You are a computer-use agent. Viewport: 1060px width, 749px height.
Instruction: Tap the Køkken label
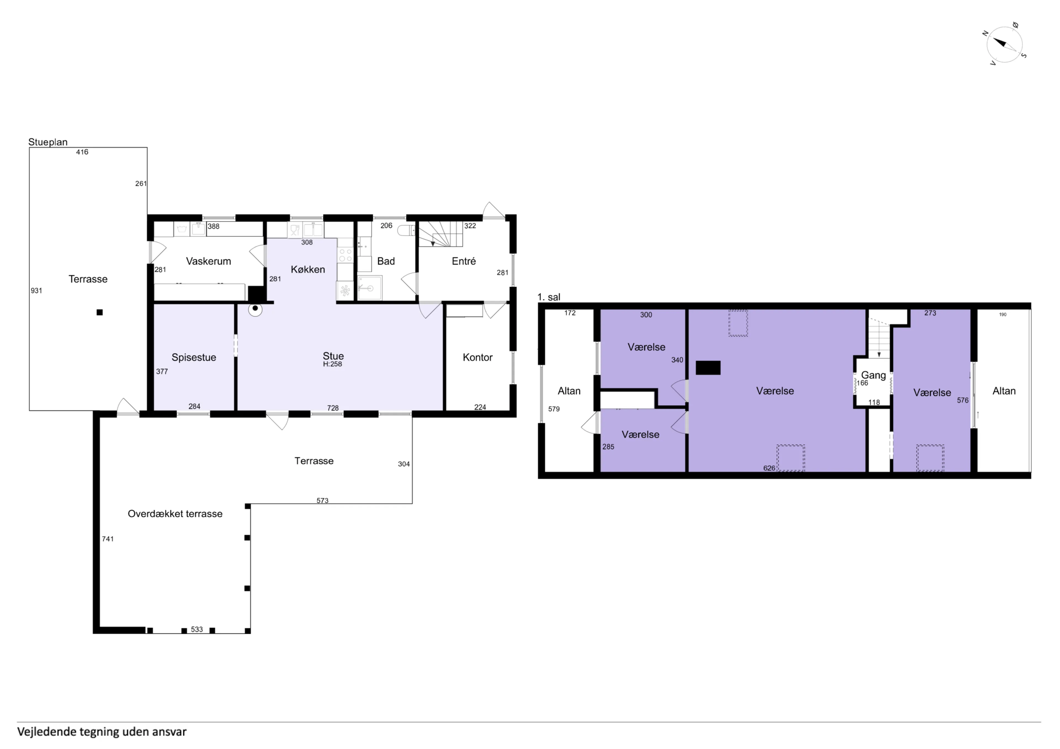tap(308, 270)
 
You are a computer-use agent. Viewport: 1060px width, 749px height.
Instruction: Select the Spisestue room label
tap(194, 357)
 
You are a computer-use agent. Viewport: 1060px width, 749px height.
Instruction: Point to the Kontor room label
tap(478, 357)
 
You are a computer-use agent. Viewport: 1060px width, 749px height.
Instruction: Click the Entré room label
tap(464, 261)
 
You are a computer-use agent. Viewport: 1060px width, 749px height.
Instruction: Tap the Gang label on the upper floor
tap(873, 375)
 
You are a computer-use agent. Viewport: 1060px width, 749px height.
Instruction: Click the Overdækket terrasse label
tap(175, 514)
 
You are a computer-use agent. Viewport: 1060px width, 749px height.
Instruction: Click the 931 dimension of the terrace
tap(36, 291)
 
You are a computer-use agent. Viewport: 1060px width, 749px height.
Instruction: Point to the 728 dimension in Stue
tap(333, 408)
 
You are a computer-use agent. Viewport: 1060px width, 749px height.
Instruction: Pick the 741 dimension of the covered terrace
tap(108, 539)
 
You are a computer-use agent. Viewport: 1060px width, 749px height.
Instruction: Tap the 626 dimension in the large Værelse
tap(769, 468)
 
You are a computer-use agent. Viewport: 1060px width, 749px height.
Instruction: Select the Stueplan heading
tap(48, 142)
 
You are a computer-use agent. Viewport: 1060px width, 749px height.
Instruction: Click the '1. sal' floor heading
tap(549, 297)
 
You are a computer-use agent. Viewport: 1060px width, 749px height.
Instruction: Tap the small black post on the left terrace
tap(99, 313)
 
